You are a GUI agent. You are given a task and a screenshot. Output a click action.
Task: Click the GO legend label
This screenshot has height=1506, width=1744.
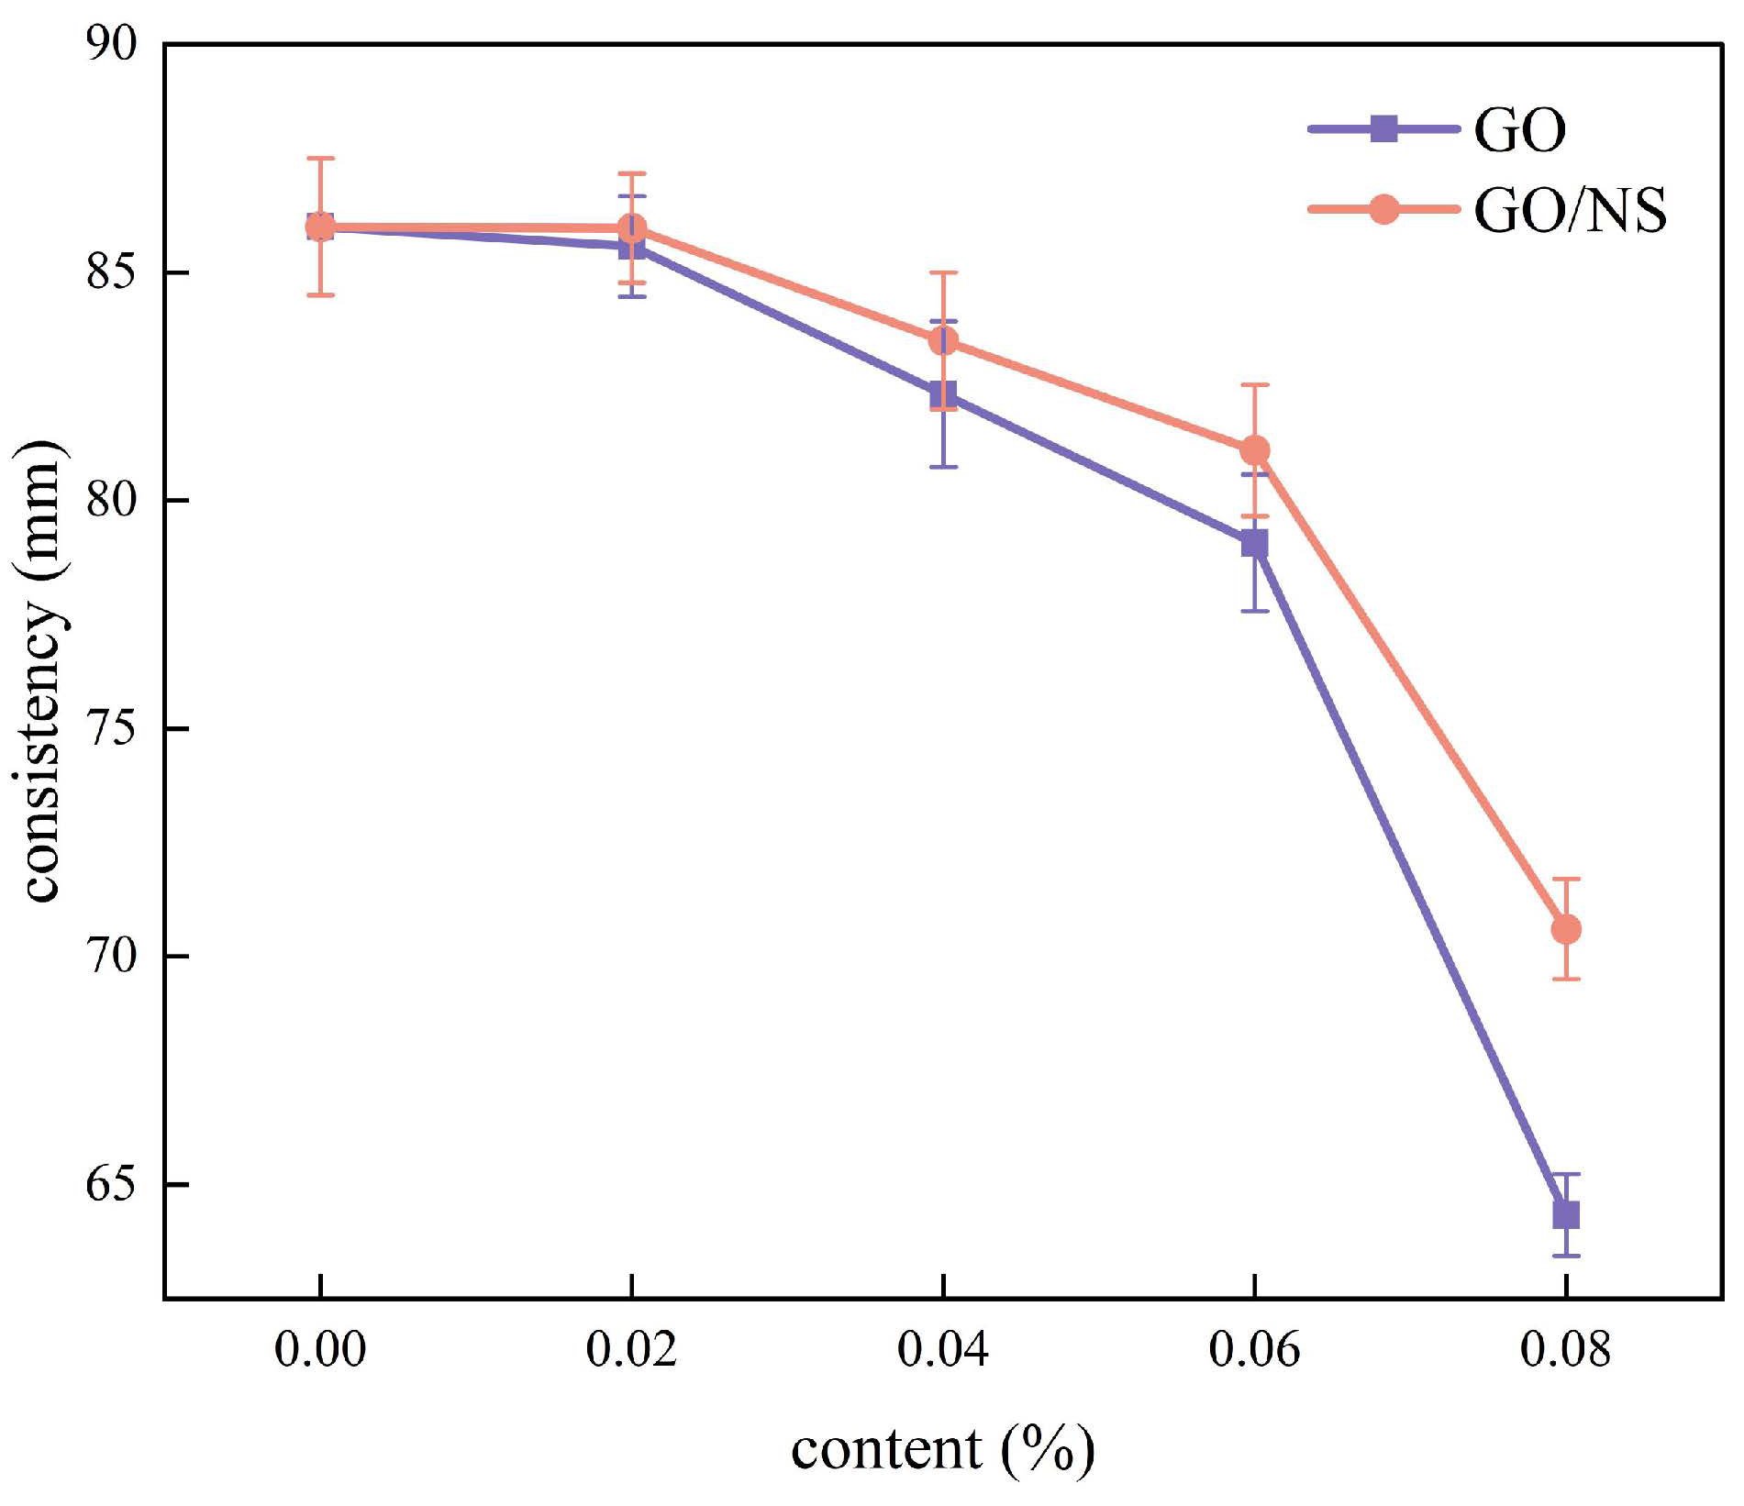[1519, 131]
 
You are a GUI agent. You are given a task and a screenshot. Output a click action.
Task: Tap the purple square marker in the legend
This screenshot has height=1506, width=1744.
[1383, 129]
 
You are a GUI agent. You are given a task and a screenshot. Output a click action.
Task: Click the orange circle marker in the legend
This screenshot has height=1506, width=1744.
[1383, 209]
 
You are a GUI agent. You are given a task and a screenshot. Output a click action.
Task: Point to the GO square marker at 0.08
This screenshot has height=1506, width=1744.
[1565, 1214]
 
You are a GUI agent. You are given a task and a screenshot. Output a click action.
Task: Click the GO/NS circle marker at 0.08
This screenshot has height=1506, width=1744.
[1565, 929]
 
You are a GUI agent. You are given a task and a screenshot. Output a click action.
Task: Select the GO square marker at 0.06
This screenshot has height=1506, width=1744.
[1254, 543]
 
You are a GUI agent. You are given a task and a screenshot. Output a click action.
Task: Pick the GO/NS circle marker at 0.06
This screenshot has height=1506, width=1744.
[1254, 450]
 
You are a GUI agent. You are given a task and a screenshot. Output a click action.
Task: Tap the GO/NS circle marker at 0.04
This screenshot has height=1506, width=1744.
[943, 341]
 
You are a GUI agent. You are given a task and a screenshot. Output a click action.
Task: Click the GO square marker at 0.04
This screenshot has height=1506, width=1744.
[943, 394]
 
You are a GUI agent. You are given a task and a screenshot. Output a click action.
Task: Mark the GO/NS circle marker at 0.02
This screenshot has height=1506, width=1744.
[631, 227]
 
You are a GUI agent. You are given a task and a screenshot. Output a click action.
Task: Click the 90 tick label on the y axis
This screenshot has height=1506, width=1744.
[111, 44]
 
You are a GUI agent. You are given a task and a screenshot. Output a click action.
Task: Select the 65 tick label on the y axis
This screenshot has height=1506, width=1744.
[111, 1184]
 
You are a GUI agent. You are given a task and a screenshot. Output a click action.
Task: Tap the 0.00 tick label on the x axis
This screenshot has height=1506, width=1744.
[319, 1350]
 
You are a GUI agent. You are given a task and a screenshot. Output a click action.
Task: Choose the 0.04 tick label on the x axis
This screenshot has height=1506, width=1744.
[943, 1350]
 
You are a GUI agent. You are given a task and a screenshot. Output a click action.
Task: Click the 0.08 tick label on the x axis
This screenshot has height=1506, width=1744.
[1565, 1350]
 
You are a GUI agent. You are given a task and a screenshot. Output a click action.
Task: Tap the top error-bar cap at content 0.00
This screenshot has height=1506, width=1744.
[319, 159]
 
